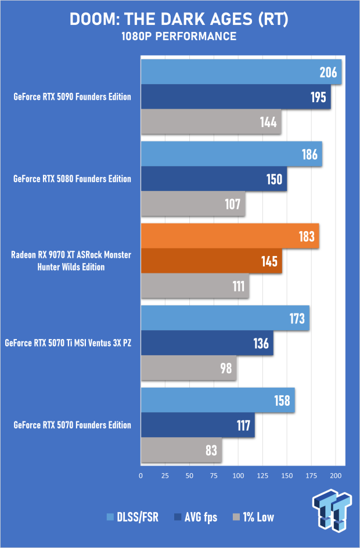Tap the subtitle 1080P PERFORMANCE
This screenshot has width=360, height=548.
point(179,37)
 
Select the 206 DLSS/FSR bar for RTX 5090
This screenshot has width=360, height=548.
point(240,72)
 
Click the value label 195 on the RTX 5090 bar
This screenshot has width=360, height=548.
point(318,97)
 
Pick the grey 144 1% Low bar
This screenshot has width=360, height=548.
point(211,122)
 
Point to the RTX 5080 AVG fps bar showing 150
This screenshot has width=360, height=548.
point(213,179)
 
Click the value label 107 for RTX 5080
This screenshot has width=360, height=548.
point(233,204)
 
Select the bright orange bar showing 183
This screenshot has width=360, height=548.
point(229,236)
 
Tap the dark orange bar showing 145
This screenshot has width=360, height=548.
point(211,261)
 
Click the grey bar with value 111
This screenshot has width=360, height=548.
point(195,286)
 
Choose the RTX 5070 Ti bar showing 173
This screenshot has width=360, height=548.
point(225,318)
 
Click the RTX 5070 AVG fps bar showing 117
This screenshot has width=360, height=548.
point(197,426)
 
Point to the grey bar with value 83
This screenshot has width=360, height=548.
point(181,450)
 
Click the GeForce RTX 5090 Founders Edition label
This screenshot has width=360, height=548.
point(72,97)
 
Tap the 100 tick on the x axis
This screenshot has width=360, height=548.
point(238,475)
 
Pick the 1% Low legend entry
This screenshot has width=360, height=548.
point(253,517)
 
